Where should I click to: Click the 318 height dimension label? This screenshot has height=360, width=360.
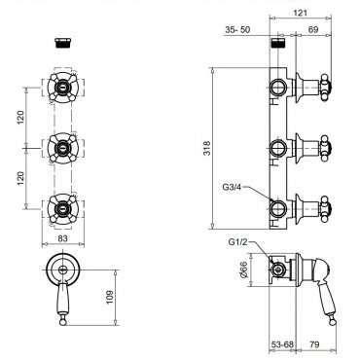click(206, 148)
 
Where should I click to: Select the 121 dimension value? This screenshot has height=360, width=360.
click(300, 13)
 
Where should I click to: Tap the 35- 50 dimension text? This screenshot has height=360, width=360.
click(237, 30)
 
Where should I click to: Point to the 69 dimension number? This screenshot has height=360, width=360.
click(313, 30)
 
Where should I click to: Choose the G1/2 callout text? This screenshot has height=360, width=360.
click(239, 242)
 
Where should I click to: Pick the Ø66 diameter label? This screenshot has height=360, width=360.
click(244, 270)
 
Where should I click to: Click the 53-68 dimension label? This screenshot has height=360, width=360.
click(282, 344)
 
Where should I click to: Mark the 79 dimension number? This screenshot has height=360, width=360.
click(313, 344)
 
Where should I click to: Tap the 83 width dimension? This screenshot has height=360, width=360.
click(63, 238)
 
